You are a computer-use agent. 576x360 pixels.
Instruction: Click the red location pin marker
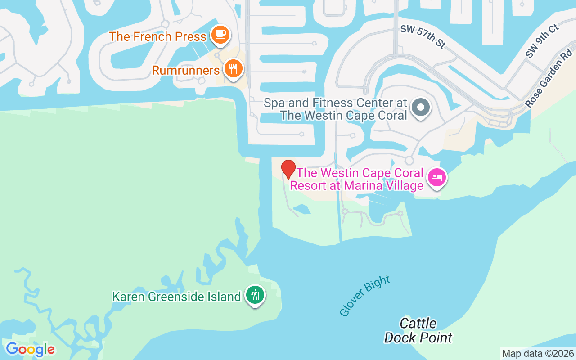pos(288,169)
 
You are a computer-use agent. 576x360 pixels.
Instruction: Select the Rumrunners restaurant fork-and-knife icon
pos(233,69)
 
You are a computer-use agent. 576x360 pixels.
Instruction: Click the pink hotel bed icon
pos(436,177)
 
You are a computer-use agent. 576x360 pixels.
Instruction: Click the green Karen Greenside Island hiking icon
pos(256,295)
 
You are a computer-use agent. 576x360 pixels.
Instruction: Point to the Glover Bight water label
pos(364,296)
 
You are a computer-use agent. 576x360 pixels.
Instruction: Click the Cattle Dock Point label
pos(418,330)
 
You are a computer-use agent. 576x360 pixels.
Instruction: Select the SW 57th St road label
pos(423,36)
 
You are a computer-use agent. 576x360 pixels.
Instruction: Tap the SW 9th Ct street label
pos(542,41)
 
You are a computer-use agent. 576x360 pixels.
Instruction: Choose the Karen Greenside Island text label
pos(176,297)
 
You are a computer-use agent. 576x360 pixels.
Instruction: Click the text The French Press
pos(157,36)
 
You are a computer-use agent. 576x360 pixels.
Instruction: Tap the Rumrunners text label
pos(186,70)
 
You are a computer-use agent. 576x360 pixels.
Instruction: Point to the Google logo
pos(30,349)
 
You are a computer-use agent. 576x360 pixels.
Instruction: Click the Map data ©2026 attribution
pos(538,354)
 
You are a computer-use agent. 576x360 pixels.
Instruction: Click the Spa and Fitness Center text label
pos(335,109)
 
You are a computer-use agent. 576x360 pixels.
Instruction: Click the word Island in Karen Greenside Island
pos(221,297)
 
